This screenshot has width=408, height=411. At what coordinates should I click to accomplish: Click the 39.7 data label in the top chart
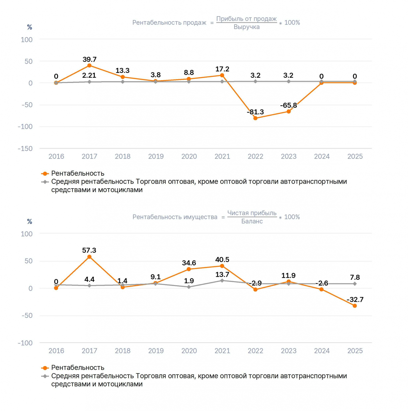coord(89,59)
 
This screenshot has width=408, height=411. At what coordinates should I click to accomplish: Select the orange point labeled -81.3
coord(255,118)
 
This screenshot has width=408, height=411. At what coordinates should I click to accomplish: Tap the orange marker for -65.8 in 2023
coord(288,112)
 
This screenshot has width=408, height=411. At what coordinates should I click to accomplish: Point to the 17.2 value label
coord(222,69)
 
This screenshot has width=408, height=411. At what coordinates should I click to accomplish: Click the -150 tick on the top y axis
coord(25,149)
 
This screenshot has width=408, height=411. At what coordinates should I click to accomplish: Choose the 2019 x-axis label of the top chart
coord(156,156)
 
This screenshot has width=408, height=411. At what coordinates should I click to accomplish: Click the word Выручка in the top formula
coord(246,27)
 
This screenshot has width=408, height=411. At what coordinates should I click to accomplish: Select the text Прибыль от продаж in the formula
coord(246,19)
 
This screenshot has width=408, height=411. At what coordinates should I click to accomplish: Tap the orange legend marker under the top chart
coord(45,174)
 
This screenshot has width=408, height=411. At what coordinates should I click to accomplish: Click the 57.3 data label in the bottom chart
coord(89,250)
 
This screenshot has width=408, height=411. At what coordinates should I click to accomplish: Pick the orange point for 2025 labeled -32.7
coord(355,306)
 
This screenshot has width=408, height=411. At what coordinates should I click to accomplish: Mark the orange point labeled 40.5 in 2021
coord(222,266)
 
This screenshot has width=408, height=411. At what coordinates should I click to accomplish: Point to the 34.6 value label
coord(189,263)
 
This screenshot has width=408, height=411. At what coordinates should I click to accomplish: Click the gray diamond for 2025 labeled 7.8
coord(355,284)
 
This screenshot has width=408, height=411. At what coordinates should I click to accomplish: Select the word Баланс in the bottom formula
coord(252,221)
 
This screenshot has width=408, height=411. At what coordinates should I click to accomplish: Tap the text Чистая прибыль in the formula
coord(252,213)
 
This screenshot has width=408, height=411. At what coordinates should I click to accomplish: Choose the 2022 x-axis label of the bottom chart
coord(255,351)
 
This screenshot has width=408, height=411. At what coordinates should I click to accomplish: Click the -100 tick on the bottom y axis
coord(25,343)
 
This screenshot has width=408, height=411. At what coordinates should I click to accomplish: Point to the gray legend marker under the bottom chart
coord(45,376)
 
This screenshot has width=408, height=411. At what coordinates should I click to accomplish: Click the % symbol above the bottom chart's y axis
coord(30,221)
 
